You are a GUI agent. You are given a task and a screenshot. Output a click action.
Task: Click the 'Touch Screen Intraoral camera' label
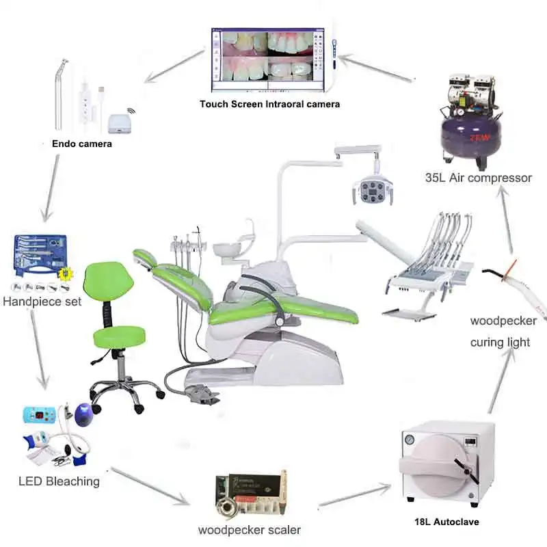pos(269,104)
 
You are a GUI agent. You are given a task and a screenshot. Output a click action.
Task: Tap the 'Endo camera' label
pos(81,144)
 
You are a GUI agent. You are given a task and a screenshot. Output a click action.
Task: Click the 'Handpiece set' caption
pos(42,300)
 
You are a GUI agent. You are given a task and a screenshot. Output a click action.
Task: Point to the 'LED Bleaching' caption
pos(59,481)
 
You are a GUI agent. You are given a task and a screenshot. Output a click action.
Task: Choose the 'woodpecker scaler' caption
pos(249,529)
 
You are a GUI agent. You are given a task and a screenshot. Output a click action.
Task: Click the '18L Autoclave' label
pos(446,522)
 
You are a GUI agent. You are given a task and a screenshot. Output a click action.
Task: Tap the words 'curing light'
pos(500,342)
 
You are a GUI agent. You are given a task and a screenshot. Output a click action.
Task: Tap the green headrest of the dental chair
pos(144,259)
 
